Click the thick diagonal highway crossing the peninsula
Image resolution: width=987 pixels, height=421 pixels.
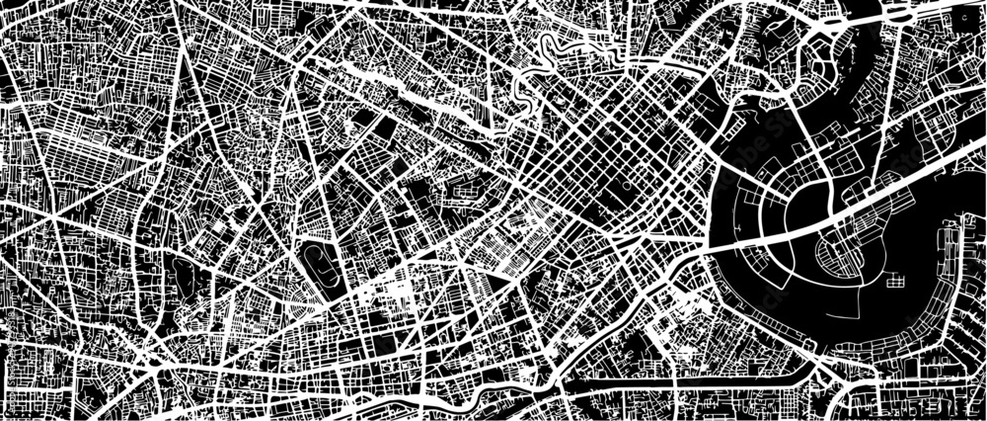(869, 198)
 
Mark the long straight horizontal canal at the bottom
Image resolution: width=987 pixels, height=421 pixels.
(691, 379)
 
